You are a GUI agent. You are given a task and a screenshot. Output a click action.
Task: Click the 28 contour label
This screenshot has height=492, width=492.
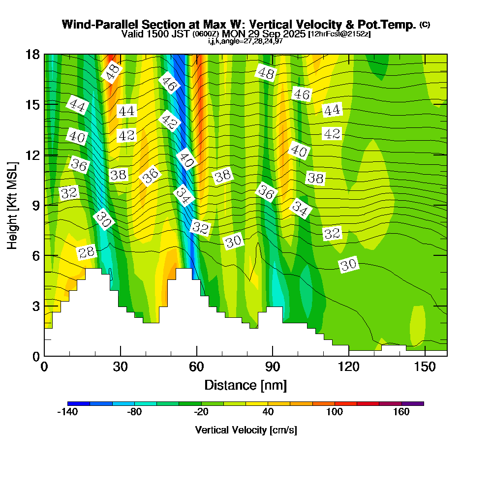point(87,252)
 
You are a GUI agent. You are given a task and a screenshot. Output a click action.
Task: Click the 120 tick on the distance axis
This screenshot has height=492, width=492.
point(348,367)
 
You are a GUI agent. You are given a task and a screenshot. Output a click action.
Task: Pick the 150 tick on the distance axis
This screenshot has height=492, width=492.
point(424,367)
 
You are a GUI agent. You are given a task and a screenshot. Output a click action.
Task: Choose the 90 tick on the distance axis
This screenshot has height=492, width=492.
point(273,367)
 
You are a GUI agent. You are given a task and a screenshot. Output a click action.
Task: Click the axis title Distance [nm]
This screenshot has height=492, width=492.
point(246,385)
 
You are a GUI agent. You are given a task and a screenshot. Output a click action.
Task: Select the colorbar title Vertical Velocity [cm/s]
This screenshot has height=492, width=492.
point(246,430)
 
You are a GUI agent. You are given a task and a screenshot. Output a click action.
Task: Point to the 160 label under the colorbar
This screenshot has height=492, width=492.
point(401,412)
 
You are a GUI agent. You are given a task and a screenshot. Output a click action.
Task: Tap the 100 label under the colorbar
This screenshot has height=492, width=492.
point(335,412)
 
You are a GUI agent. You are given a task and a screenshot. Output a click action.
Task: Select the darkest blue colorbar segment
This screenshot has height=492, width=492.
point(79,403)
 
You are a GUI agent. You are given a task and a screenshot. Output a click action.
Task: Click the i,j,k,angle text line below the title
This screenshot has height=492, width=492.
point(246,41)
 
